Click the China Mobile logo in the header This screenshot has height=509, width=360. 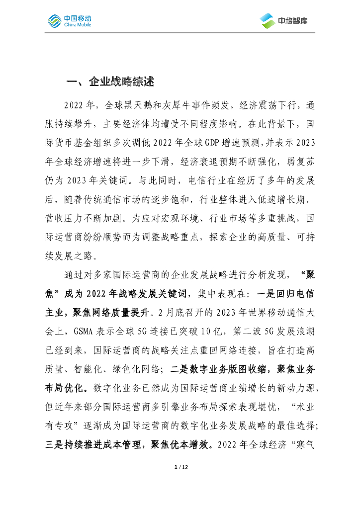[x=70, y=20]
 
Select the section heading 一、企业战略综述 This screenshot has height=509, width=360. [x=110, y=82]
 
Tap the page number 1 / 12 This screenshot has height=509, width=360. [x=180, y=467]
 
